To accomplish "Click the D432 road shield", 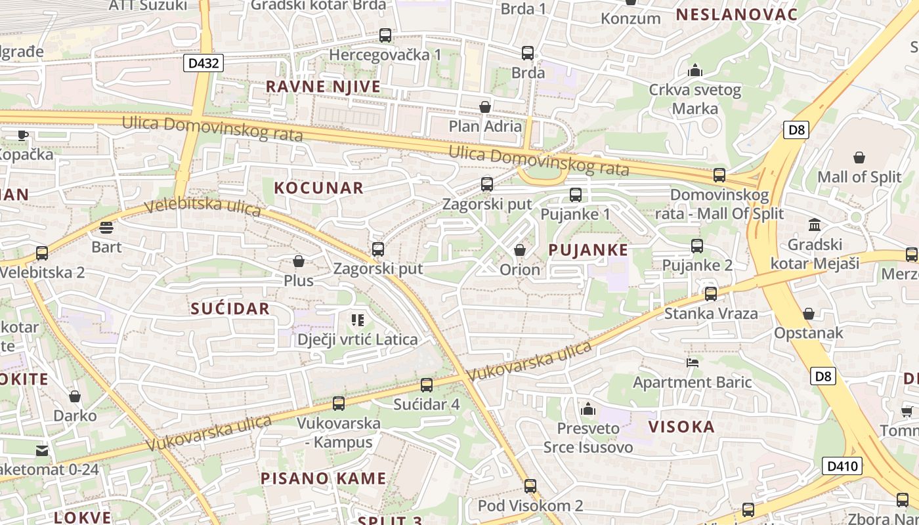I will click(204, 63).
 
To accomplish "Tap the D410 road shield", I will click(842, 467).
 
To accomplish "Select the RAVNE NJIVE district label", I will click(323, 87).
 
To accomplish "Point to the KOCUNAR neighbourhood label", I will click(318, 188).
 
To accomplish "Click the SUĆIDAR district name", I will click(230, 308).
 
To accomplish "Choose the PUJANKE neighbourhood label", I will click(588, 250).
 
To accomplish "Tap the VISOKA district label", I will click(681, 427).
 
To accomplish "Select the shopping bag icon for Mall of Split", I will click(859, 157).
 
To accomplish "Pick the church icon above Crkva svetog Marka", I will click(695, 70).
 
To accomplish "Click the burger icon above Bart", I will click(106, 228).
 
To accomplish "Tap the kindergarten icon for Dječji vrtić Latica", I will click(357, 320).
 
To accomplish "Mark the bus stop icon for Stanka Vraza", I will click(710, 294).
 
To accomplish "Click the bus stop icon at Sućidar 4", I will click(427, 385).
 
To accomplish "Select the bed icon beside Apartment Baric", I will click(692, 362).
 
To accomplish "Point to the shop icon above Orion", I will click(519, 250).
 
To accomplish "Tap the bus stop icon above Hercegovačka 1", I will click(385, 35).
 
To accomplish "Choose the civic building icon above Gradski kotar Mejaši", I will click(815, 225).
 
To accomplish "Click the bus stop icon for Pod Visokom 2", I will click(530, 486).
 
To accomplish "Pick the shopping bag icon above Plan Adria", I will click(485, 106).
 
